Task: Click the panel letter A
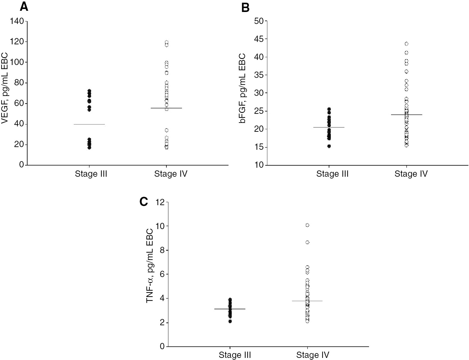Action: tap(24, 7)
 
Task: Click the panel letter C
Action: tap(144, 202)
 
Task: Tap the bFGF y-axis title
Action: tap(242, 93)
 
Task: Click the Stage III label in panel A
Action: tap(91, 174)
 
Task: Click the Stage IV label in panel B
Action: tap(411, 174)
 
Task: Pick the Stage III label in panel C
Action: tap(235, 355)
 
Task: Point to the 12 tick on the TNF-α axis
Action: tap(160, 202)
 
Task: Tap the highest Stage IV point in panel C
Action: tap(307, 225)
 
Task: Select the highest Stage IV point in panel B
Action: tap(406, 44)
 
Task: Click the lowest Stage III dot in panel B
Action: tap(329, 146)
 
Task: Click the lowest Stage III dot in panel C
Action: tap(230, 321)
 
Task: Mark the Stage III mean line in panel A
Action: tap(89, 124)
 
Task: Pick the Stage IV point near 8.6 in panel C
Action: tap(307, 242)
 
